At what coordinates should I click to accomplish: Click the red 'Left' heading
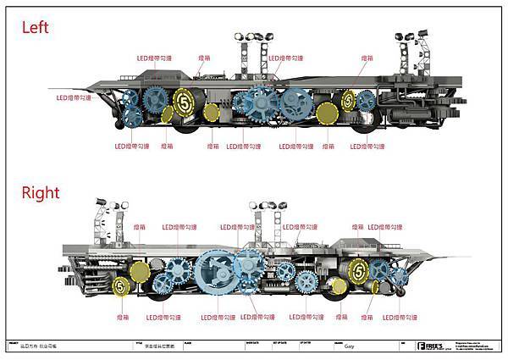click(36, 28)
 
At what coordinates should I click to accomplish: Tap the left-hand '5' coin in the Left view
click(183, 101)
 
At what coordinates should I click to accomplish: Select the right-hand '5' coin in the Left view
click(347, 101)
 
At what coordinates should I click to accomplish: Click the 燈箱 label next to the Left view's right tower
click(367, 58)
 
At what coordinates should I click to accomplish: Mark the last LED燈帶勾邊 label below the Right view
click(400, 318)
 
